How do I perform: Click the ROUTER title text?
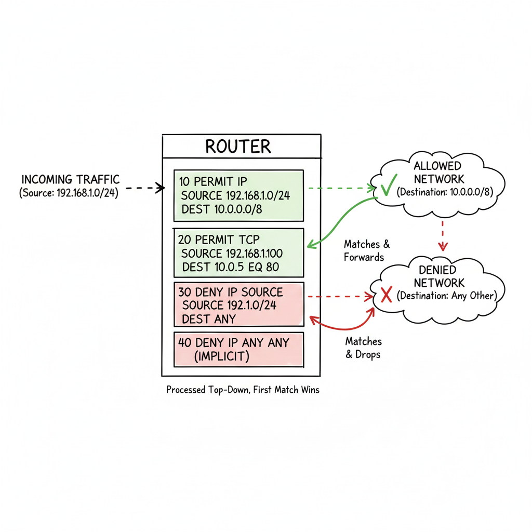coord(238,146)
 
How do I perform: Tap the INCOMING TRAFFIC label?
coord(71,180)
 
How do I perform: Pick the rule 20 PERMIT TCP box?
coord(238,253)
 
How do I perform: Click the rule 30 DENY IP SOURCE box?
coord(238,305)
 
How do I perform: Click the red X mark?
coord(387,296)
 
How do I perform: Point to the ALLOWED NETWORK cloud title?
coord(437,173)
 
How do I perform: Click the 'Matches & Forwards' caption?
coord(366,250)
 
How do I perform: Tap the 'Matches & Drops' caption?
coord(363,348)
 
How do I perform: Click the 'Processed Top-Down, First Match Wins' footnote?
coord(243,390)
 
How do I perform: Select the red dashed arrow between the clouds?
coord(442,234)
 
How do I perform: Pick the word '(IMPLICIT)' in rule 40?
coord(222,356)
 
